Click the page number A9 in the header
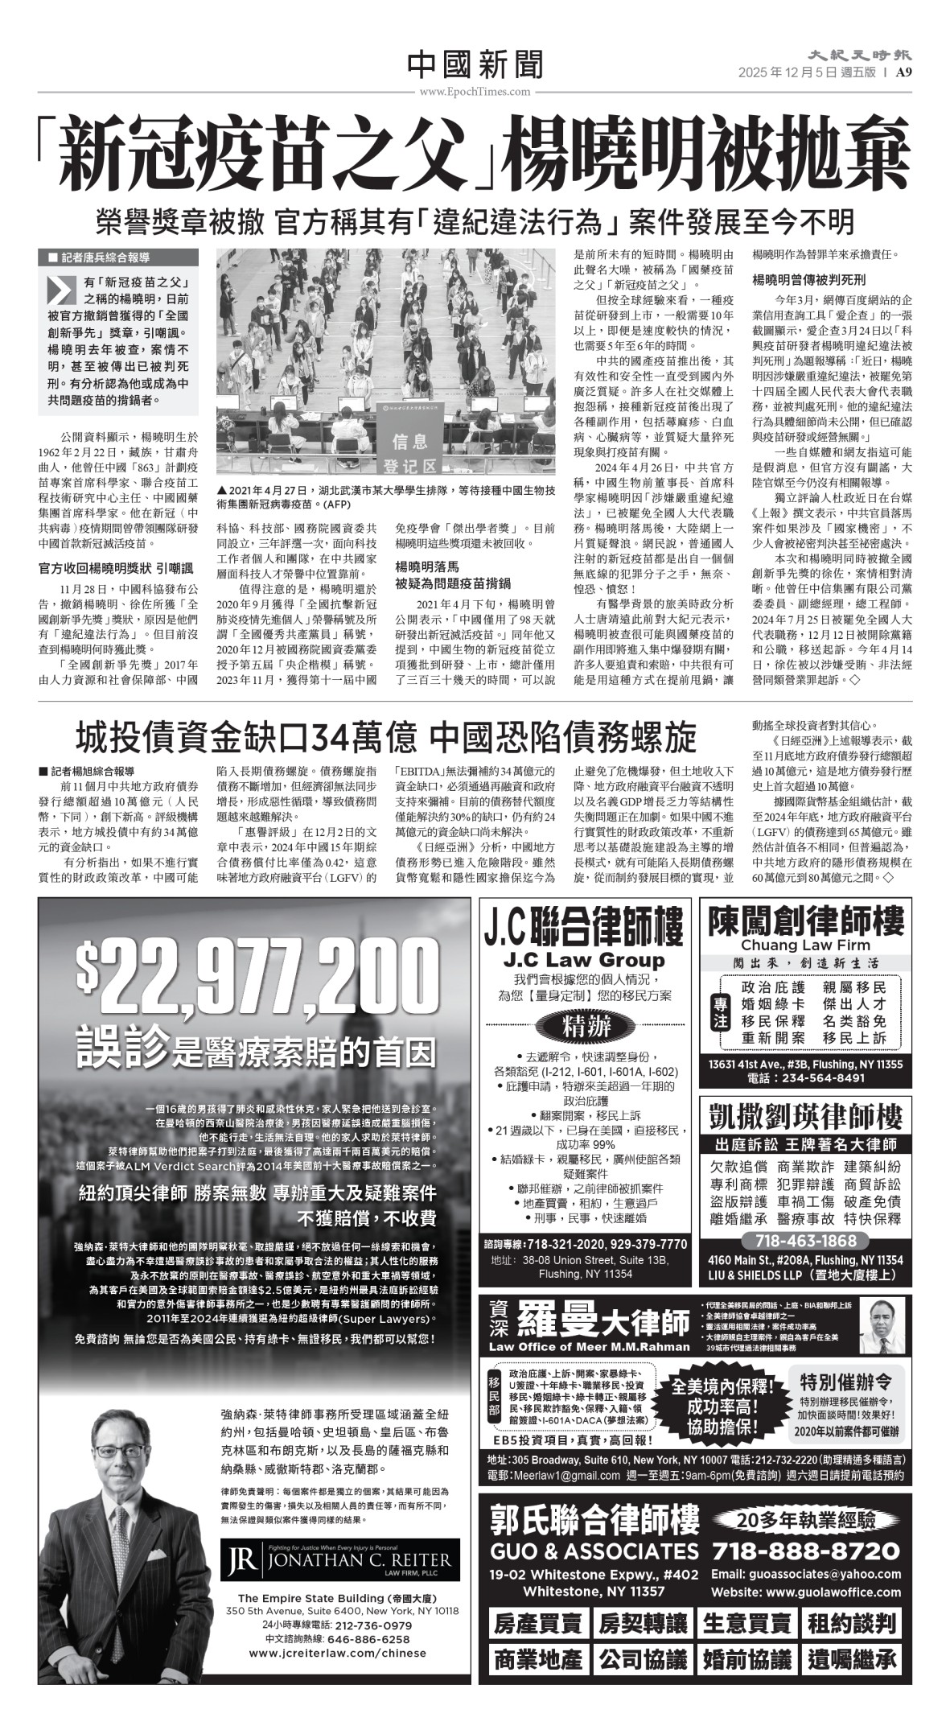902,72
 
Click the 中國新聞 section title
475,64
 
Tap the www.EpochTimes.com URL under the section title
475,92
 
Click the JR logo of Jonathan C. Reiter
241,1561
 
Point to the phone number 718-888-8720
807,1550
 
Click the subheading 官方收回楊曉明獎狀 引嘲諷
116,568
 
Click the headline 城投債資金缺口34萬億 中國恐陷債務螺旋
386,736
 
